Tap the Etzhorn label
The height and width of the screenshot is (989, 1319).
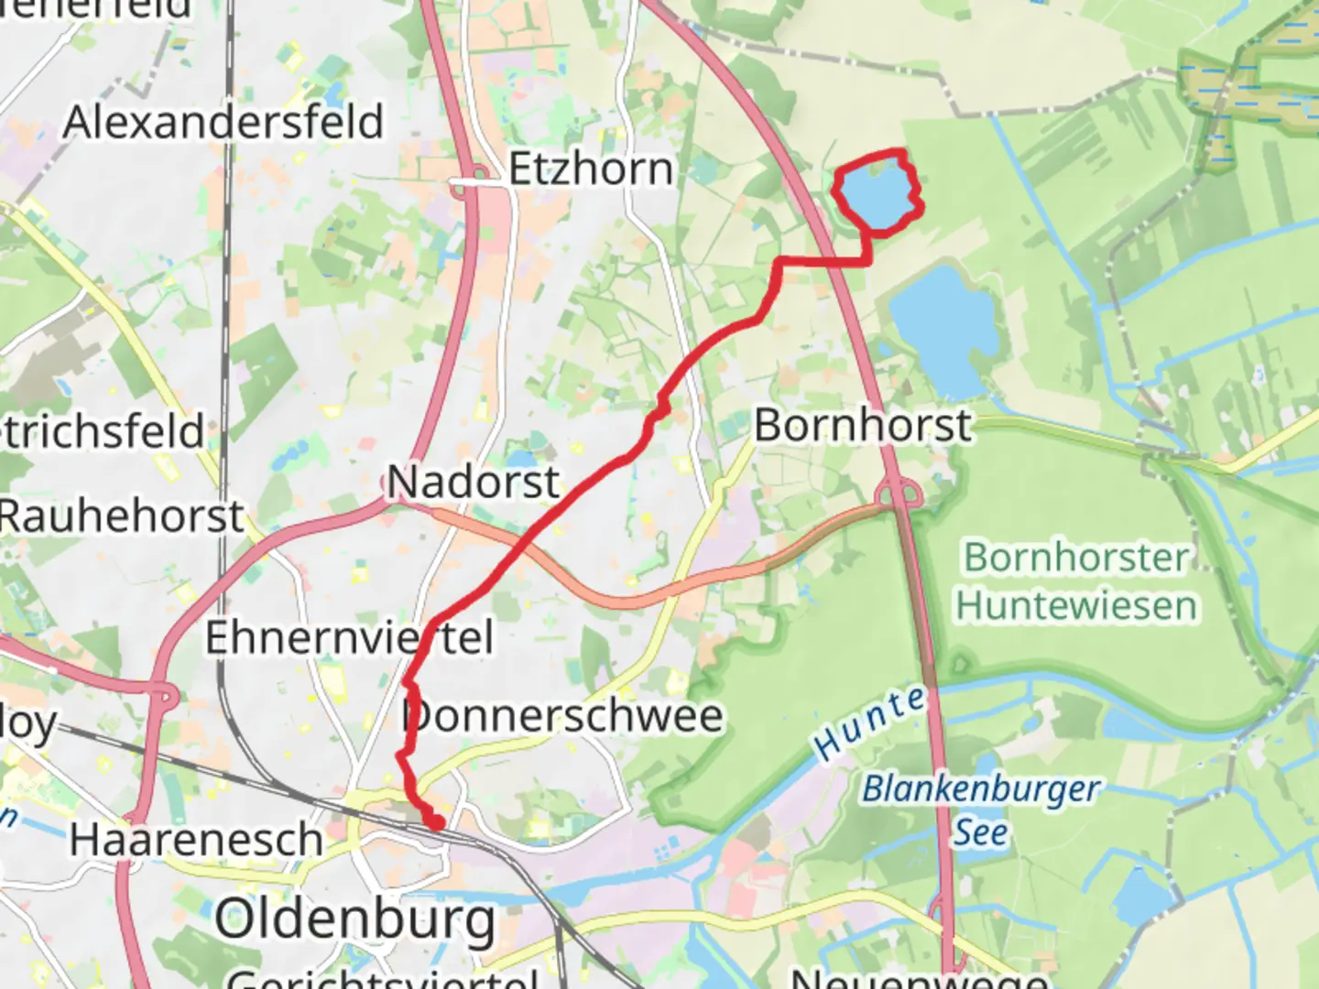click(591, 169)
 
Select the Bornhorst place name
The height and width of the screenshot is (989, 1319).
click(862, 426)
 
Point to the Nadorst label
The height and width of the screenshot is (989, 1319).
click(473, 483)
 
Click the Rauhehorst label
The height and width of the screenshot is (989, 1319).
click(122, 516)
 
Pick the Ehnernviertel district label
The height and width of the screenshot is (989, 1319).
click(348, 638)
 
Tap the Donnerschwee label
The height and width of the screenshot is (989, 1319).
click(563, 716)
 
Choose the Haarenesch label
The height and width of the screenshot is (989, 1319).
click(196, 841)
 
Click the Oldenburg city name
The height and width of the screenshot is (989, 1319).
click(355, 918)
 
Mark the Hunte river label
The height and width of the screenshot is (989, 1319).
click(869, 723)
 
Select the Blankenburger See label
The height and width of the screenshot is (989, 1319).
click(981, 810)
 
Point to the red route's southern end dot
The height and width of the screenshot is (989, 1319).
click(437, 823)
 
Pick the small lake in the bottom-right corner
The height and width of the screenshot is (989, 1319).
click(1141, 893)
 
